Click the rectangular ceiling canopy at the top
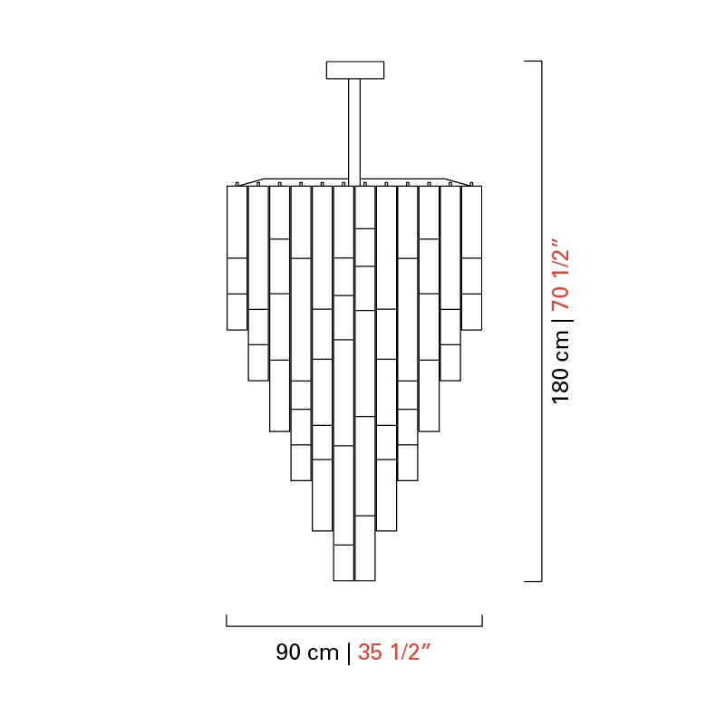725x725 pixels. tap(355, 70)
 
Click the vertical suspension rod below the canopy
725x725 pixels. tap(354, 132)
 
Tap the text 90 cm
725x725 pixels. tap(307, 652)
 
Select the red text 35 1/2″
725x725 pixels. tap(394, 652)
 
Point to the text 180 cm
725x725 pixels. tap(560, 367)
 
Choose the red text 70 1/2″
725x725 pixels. tap(560, 275)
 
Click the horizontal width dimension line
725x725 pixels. tap(354, 626)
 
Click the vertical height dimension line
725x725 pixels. tap(541, 321)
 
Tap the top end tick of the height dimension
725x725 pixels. tap(533, 61)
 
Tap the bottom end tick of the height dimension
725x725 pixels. tap(533, 581)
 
